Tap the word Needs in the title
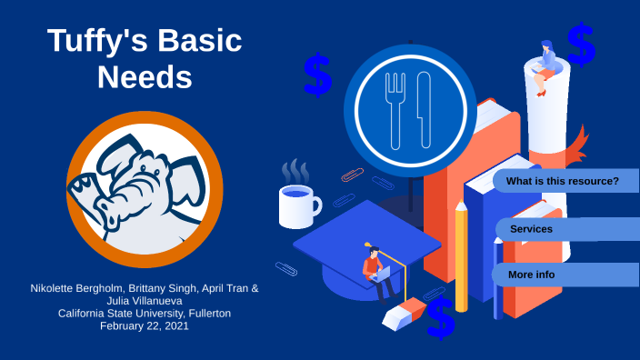pos(145,77)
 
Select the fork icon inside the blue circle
pos(395,110)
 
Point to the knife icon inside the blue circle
pos(424,110)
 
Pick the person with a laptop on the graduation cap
pos(375,269)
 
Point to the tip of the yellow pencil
pos(461,207)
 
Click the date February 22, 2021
pos(145,325)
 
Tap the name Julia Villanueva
pos(145,301)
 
